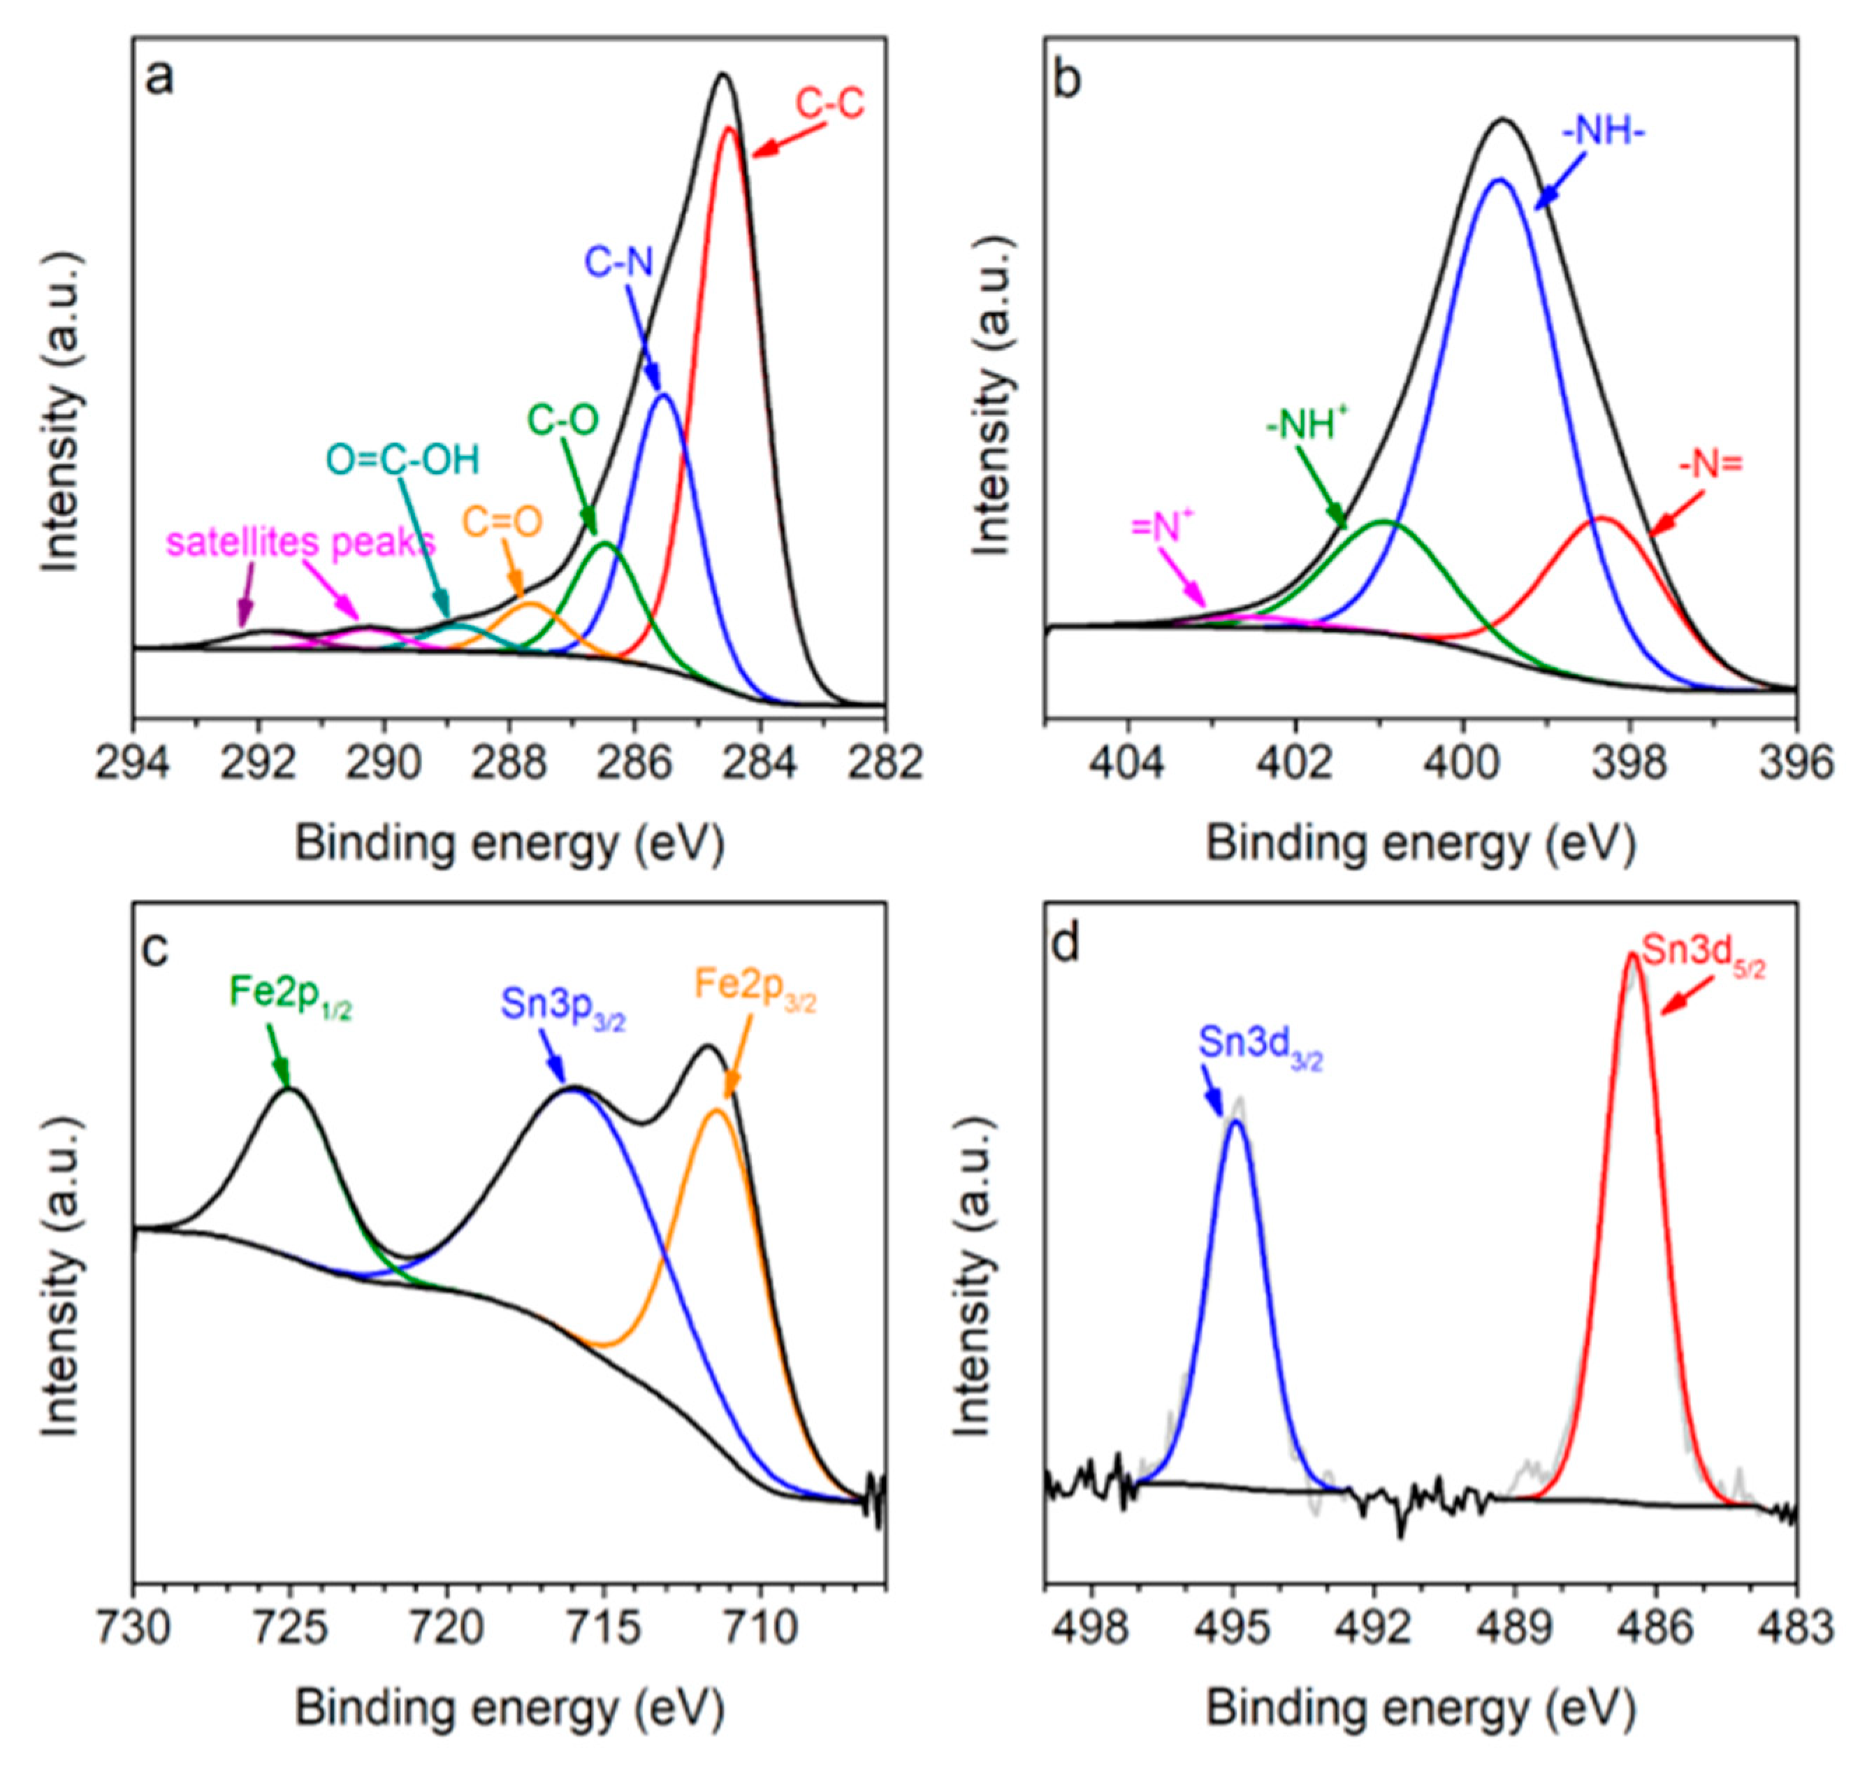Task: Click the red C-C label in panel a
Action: [x=829, y=103]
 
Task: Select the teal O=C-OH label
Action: [x=402, y=460]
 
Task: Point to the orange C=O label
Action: [x=502, y=522]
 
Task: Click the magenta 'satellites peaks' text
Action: [x=301, y=543]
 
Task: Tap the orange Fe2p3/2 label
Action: [x=755, y=986]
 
